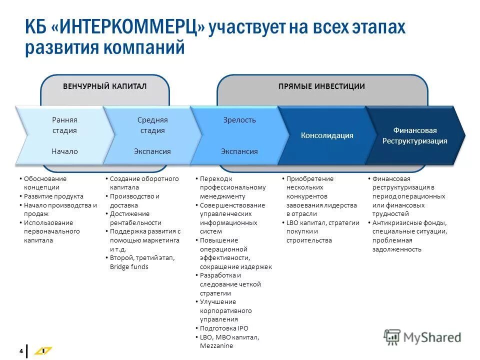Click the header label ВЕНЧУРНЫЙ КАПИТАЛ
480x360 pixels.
(x=104, y=86)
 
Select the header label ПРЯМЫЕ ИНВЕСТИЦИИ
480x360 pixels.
(x=321, y=86)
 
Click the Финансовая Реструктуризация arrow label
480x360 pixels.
(x=414, y=135)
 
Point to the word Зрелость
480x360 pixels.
(x=239, y=120)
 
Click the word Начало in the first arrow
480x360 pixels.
(x=64, y=151)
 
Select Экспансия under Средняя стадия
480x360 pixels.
(x=152, y=151)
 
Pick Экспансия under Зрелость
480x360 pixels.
(x=239, y=151)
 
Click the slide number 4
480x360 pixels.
(x=21, y=351)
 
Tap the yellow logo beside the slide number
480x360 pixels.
(x=42, y=351)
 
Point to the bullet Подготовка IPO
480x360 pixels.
(x=223, y=328)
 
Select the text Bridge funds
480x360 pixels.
(x=129, y=266)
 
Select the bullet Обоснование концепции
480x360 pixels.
(x=45, y=183)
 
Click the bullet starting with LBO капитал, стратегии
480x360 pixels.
(x=322, y=231)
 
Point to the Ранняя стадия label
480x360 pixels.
(x=64, y=125)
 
